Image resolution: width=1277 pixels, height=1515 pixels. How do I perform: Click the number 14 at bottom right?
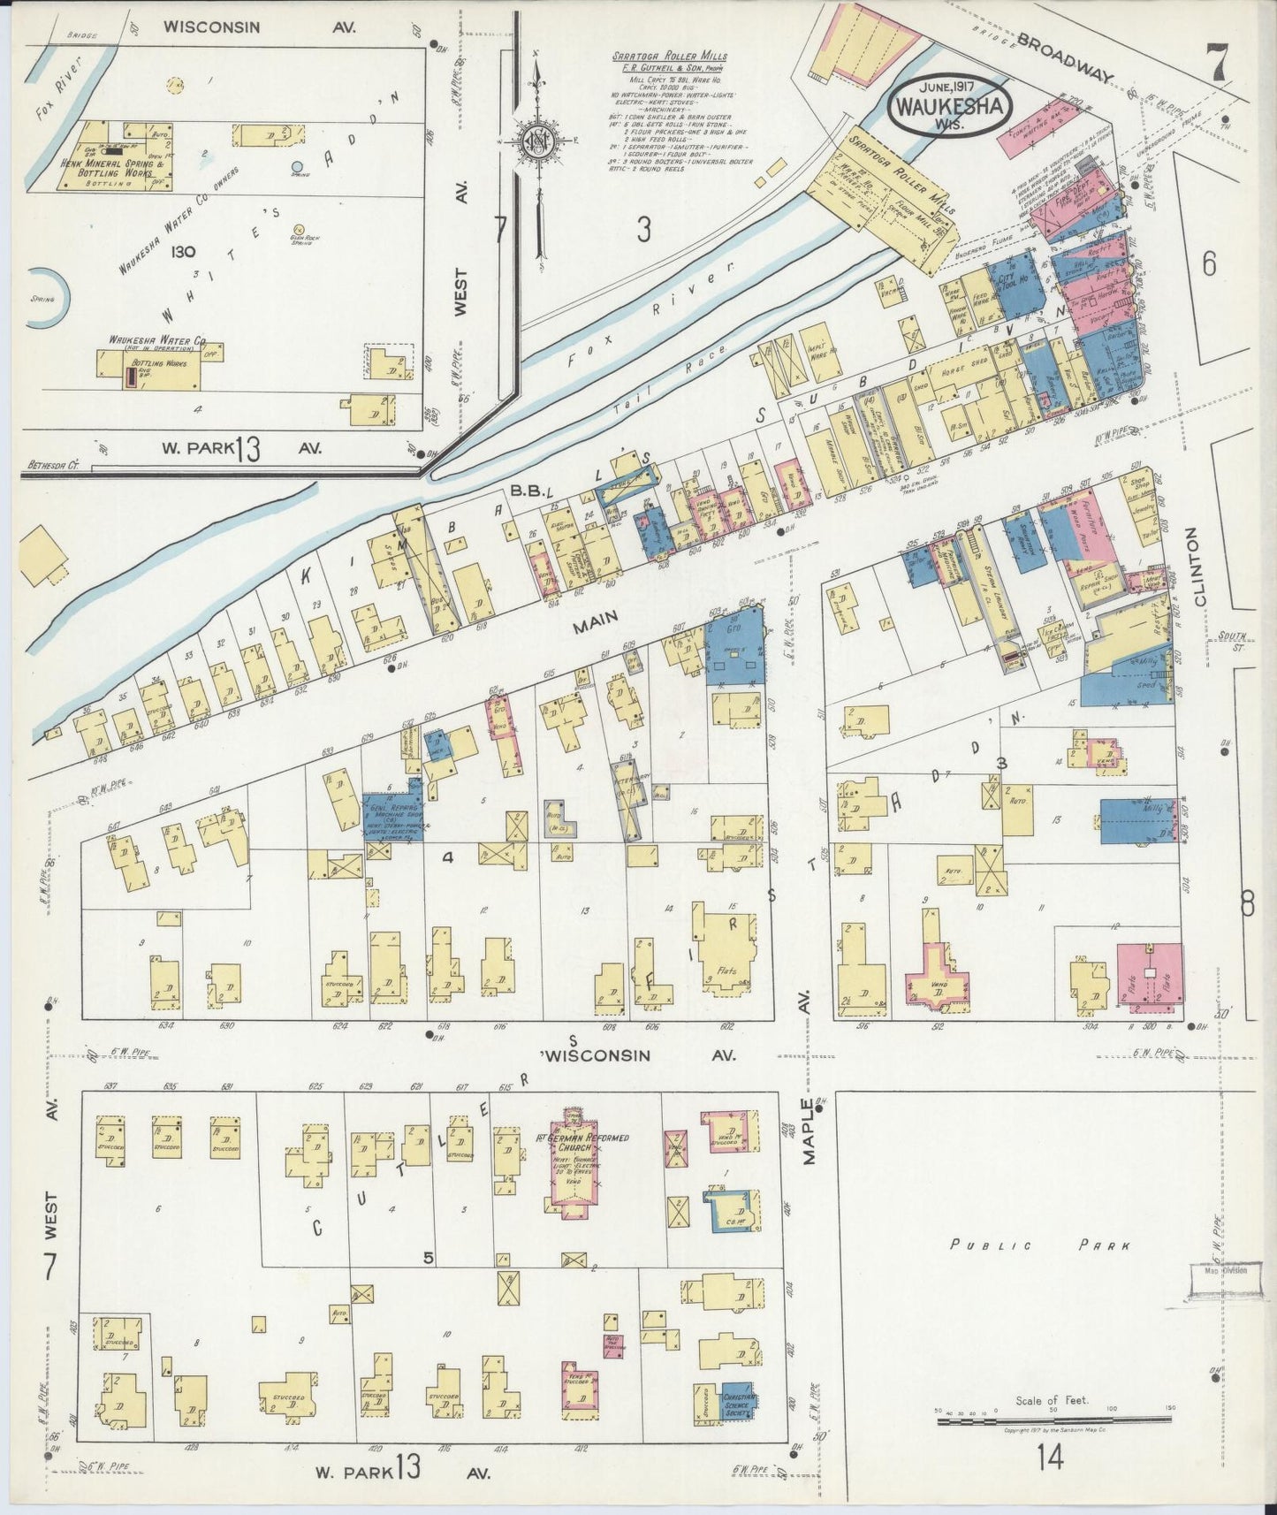[1051, 1480]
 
